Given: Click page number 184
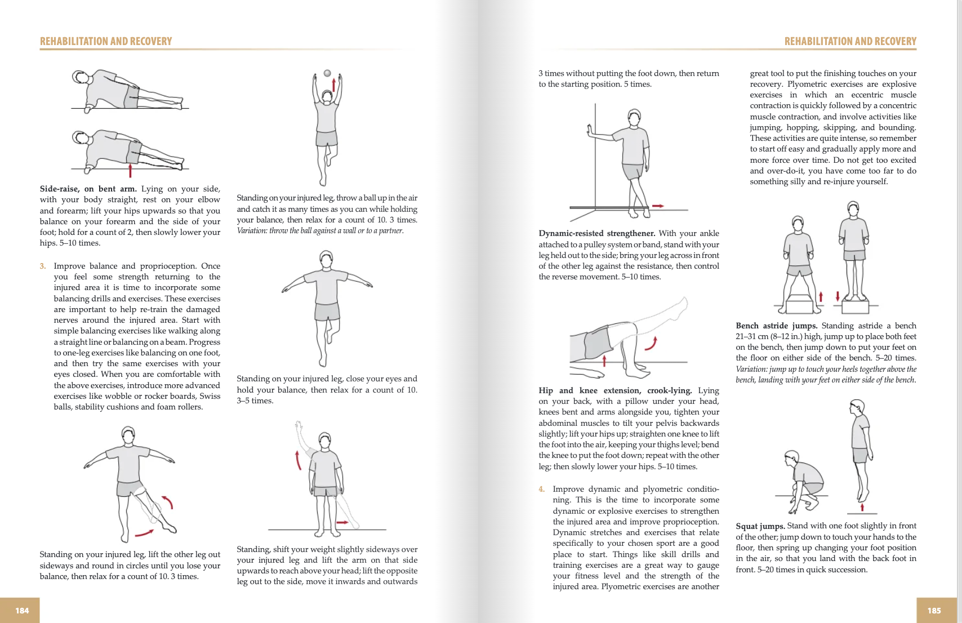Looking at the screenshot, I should coord(22,611).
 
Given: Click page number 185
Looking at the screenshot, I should coord(934,611).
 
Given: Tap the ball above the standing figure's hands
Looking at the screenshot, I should coord(327,73).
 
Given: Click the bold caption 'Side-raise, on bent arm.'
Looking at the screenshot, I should coord(88,189).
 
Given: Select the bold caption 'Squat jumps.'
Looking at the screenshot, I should coord(760,526).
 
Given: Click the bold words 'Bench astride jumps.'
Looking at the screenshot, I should coord(776,326).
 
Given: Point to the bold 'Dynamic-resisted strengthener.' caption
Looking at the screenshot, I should coord(596,233).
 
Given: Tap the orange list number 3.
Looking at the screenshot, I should coord(43,266).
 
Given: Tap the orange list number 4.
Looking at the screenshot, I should coord(541,489).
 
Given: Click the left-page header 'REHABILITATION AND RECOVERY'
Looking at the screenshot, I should coord(106,41).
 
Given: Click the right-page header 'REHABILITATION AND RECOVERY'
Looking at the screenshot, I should coord(850,41).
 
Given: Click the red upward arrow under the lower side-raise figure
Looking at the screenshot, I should coord(130,170).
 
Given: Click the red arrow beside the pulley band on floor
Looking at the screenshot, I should coord(658,206).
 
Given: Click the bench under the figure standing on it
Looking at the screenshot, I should coord(855,306).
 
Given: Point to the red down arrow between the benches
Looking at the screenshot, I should coord(838,296).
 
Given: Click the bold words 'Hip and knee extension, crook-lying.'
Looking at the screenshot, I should coord(614,390).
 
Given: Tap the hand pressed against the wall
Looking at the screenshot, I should coord(590,130).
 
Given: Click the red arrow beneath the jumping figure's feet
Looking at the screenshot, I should coord(862,508).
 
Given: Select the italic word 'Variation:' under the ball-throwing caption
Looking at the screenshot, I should coord(252,231).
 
